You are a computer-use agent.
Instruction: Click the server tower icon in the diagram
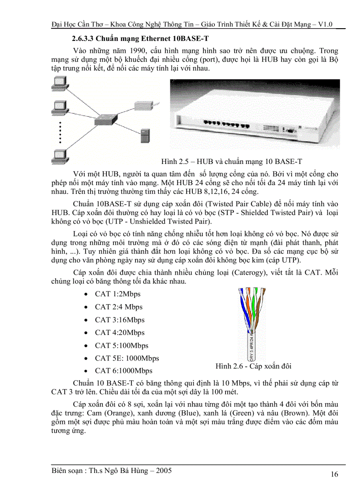[x=145, y=135]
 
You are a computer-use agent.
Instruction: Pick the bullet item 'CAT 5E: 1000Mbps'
[x=127, y=358]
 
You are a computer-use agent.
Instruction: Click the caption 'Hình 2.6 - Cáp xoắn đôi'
[x=253, y=366]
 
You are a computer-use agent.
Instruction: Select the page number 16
[x=334, y=474]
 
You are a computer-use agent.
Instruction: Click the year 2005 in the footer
[x=163, y=471]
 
